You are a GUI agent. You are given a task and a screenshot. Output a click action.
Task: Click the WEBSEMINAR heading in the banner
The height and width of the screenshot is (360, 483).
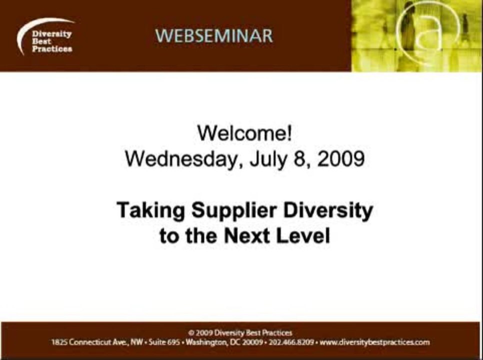[214, 36]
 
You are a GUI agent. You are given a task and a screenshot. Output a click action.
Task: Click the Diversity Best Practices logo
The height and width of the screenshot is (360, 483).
[46, 40]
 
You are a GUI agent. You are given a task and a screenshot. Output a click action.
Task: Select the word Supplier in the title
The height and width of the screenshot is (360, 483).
[228, 210]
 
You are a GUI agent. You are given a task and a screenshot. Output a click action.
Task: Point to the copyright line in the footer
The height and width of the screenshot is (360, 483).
[240, 332]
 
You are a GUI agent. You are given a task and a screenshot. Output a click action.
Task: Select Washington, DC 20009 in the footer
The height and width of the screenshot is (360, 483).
[224, 342]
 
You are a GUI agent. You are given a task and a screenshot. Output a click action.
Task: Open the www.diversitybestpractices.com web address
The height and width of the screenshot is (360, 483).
[374, 342]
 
